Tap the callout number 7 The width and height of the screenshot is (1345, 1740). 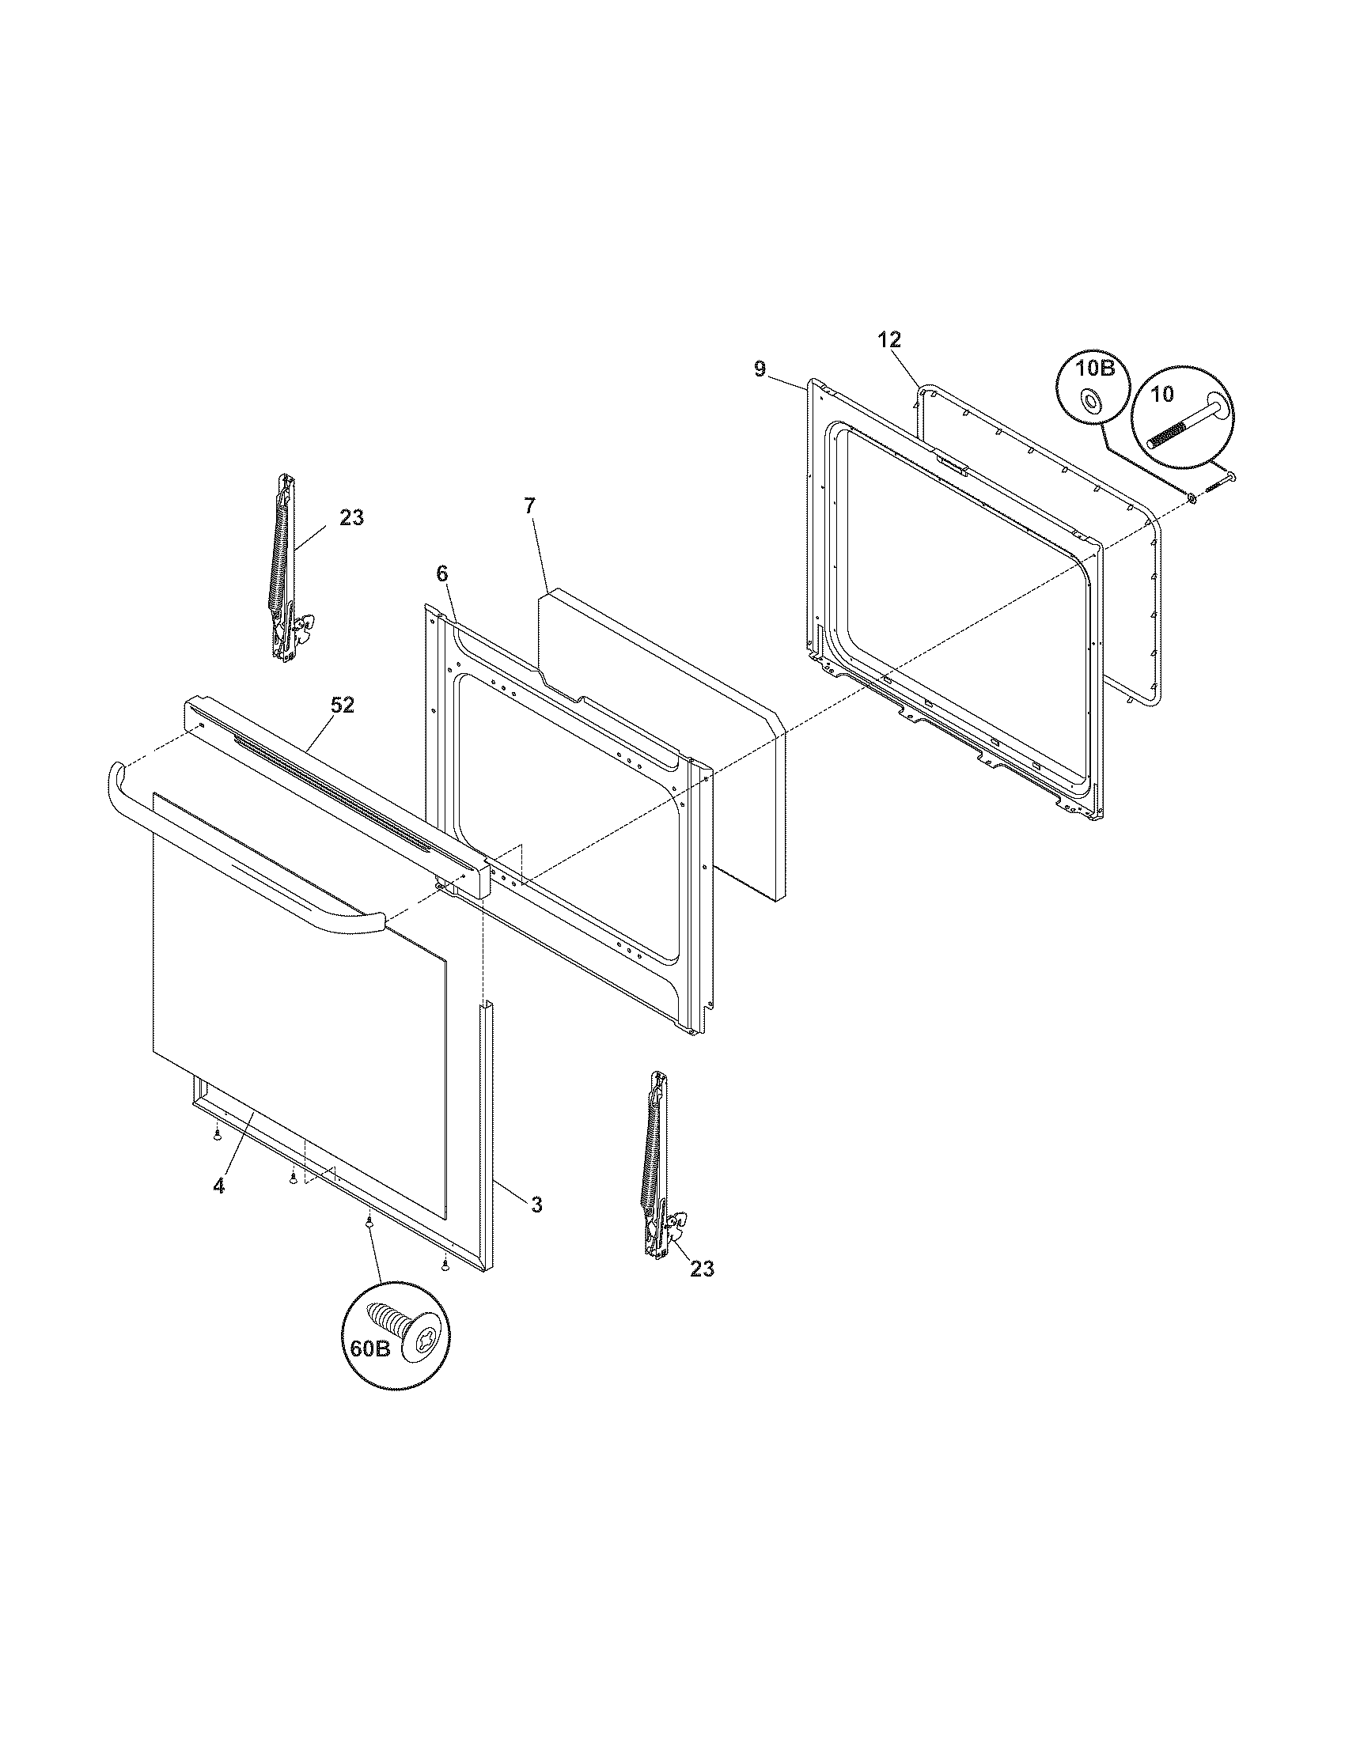[x=531, y=505]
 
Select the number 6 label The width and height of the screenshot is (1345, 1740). [x=442, y=573]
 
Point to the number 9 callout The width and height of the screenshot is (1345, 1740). [x=760, y=369]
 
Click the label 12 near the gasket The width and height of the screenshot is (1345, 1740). [x=889, y=340]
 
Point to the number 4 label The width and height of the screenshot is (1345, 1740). [x=218, y=1208]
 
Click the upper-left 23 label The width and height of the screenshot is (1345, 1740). [x=351, y=518]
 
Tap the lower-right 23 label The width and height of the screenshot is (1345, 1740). [x=701, y=1269]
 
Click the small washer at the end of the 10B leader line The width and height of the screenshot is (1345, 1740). [x=1191, y=498]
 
